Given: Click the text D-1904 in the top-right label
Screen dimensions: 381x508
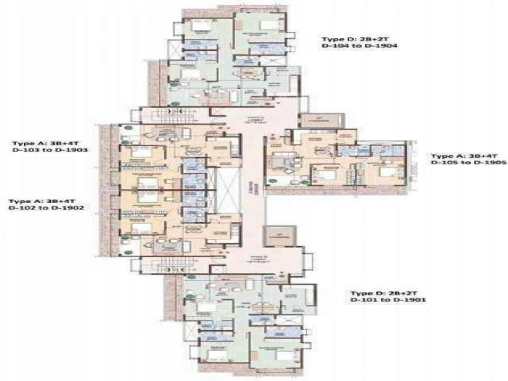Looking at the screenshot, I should point(384,46).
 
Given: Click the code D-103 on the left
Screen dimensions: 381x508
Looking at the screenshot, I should point(25,150).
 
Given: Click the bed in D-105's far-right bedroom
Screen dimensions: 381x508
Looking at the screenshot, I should point(386,172).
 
